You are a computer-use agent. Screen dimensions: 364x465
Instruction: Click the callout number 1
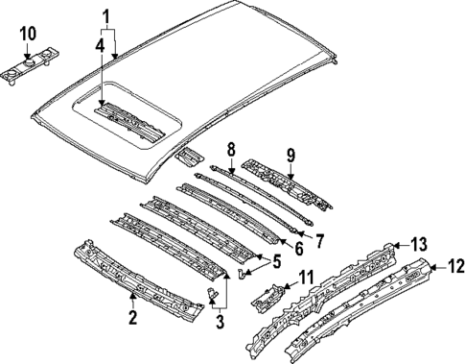click(x=107, y=15)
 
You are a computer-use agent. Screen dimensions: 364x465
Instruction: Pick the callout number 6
click(x=297, y=248)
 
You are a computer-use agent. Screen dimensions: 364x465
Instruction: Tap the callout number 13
click(x=418, y=243)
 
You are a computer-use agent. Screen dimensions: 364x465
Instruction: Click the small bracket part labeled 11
click(x=268, y=294)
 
